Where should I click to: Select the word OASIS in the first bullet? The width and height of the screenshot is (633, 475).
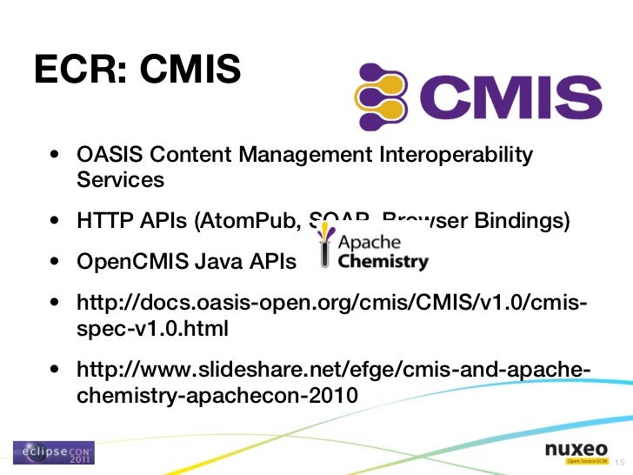pyautogui.click(x=109, y=156)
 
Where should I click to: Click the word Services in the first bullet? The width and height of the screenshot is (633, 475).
pyautogui.click(x=120, y=180)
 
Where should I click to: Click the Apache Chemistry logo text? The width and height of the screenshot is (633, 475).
pyautogui.click(x=383, y=251)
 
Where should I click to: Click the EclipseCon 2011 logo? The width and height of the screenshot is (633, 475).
pyautogui.click(x=53, y=452)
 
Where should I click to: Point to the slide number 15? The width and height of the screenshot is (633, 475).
pyautogui.click(x=619, y=461)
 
